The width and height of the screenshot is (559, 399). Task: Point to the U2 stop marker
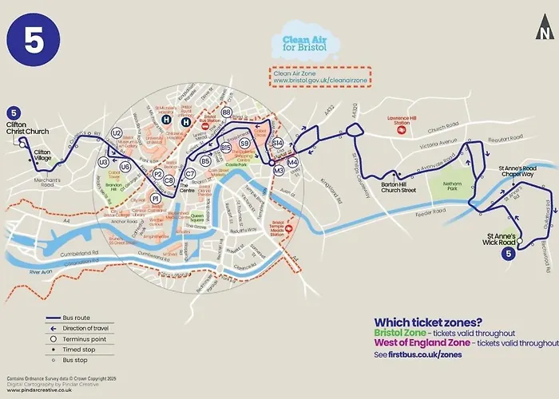117,133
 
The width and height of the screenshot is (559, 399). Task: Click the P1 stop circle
157,188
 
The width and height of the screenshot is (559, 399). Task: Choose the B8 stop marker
227,113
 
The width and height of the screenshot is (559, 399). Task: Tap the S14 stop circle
278,142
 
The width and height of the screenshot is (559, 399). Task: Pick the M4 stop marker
292,163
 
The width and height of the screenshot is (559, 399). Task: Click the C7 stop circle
190,173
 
